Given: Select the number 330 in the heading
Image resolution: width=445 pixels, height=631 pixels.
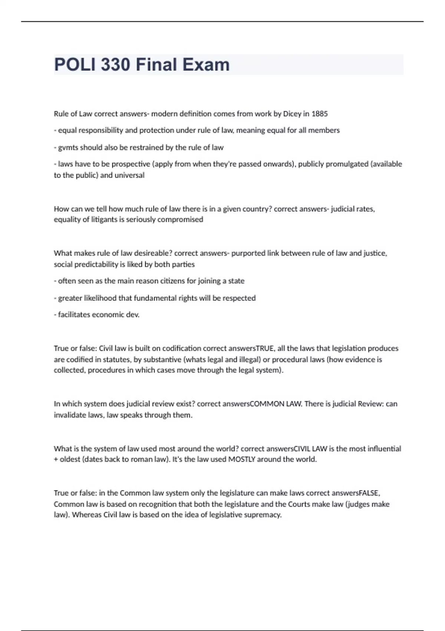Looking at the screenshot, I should pos(115,65).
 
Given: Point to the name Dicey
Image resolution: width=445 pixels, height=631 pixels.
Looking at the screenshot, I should pos(292,114).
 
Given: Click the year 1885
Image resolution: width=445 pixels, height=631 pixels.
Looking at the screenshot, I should pos(319,114).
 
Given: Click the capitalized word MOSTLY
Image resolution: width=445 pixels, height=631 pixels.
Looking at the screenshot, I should pos(242,459).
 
